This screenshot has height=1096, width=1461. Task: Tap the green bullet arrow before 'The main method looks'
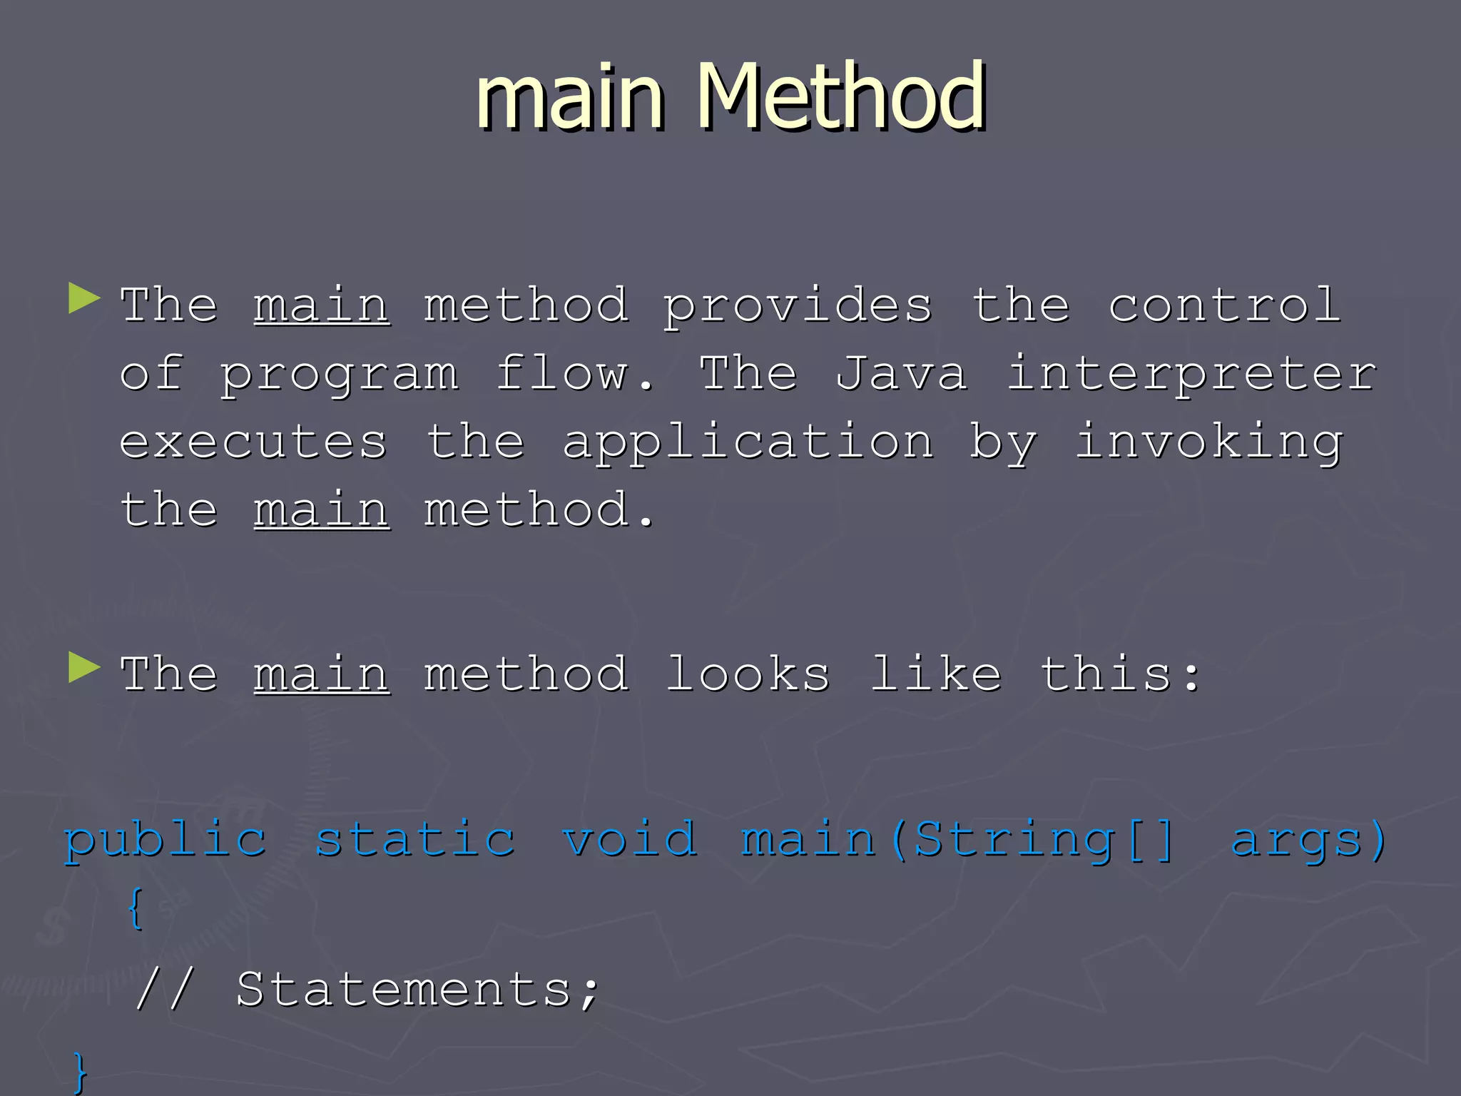click(84, 668)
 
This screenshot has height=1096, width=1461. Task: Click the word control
click(1224, 305)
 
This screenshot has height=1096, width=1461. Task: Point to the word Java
click(901, 374)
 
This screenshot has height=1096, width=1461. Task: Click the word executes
click(253, 442)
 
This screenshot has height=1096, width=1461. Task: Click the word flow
click(574, 374)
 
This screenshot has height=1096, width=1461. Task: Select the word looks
click(748, 674)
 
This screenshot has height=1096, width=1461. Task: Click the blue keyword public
click(166, 841)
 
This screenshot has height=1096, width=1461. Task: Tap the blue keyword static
click(415, 839)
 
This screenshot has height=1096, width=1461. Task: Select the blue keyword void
click(629, 839)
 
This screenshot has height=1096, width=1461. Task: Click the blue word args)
click(1310, 841)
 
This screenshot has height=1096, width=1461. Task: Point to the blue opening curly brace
click(136, 908)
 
